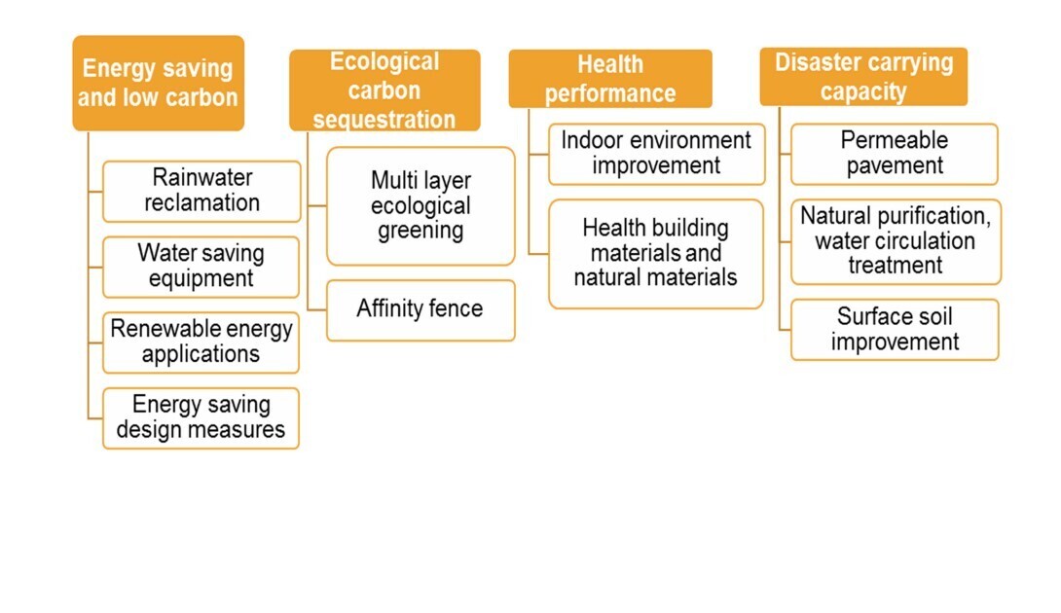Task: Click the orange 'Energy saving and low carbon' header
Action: point(159,84)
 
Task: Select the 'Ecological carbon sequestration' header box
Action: point(385,90)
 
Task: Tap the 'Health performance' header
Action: point(610,79)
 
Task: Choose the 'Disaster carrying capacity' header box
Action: point(863,77)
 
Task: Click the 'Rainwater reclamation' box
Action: point(201,192)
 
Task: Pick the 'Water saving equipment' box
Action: point(201,267)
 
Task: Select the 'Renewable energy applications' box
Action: point(201,343)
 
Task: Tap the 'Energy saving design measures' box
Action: point(201,418)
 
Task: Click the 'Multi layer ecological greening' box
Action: point(421,206)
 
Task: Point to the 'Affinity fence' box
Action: point(421,310)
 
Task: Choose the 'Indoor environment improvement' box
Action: point(656,155)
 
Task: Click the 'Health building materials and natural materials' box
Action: point(656,254)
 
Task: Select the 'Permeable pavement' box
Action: point(895,155)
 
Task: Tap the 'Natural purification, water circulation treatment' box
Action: point(896,241)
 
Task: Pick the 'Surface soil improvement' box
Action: point(895,330)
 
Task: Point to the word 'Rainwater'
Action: point(202,177)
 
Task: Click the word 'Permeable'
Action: point(895,140)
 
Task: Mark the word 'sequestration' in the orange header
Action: point(384,120)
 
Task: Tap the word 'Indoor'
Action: point(592,140)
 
